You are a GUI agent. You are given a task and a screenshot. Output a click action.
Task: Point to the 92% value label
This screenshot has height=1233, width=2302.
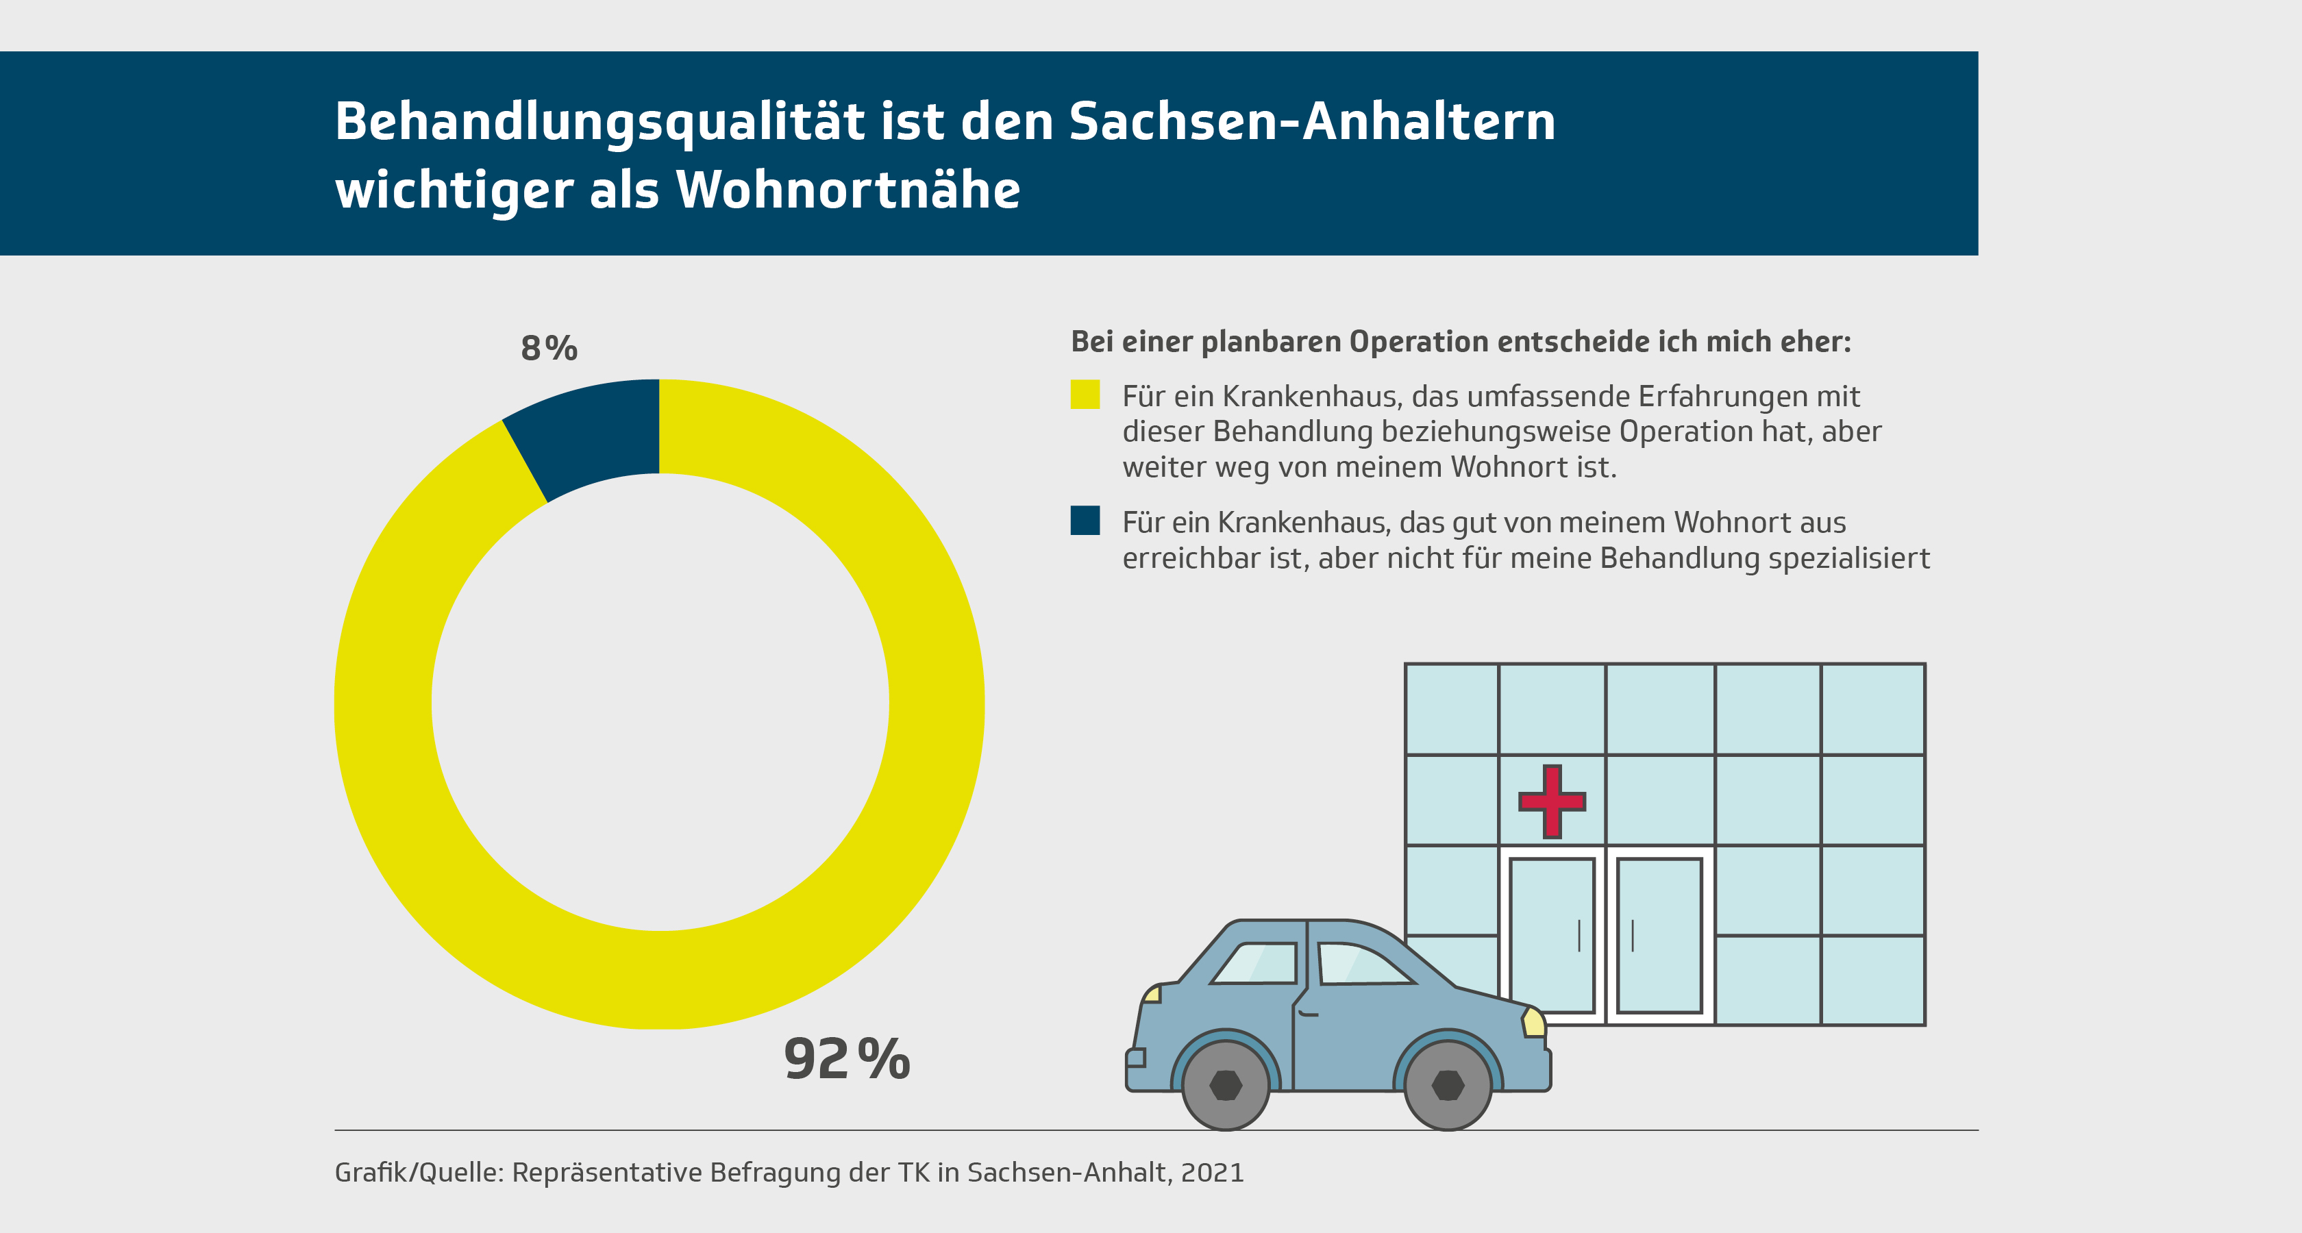click(x=846, y=1059)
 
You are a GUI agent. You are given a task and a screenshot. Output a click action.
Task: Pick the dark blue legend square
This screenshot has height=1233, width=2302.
click(x=1085, y=521)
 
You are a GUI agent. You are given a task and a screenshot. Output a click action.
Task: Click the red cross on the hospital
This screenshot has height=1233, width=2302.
click(x=1552, y=801)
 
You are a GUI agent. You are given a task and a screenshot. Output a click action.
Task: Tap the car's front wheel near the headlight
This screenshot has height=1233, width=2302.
click(x=1448, y=1084)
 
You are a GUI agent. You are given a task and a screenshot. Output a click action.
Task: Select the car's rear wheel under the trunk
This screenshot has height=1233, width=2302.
click(x=1225, y=1084)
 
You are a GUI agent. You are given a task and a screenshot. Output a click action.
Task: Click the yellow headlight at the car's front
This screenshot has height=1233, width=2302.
click(x=1533, y=1021)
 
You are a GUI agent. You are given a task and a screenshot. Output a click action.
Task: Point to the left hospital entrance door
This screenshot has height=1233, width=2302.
click(x=1552, y=934)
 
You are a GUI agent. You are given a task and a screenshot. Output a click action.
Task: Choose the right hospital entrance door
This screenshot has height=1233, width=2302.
click(x=1659, y=934)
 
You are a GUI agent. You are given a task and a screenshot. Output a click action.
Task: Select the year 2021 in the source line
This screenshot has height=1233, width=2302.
click(x=1212, y=1172)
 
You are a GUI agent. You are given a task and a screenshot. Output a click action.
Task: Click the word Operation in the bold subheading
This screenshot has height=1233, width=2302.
click(x=1418, y=341)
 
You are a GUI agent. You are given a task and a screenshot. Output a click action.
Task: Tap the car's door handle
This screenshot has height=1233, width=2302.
click(x=1309, y=1013)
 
